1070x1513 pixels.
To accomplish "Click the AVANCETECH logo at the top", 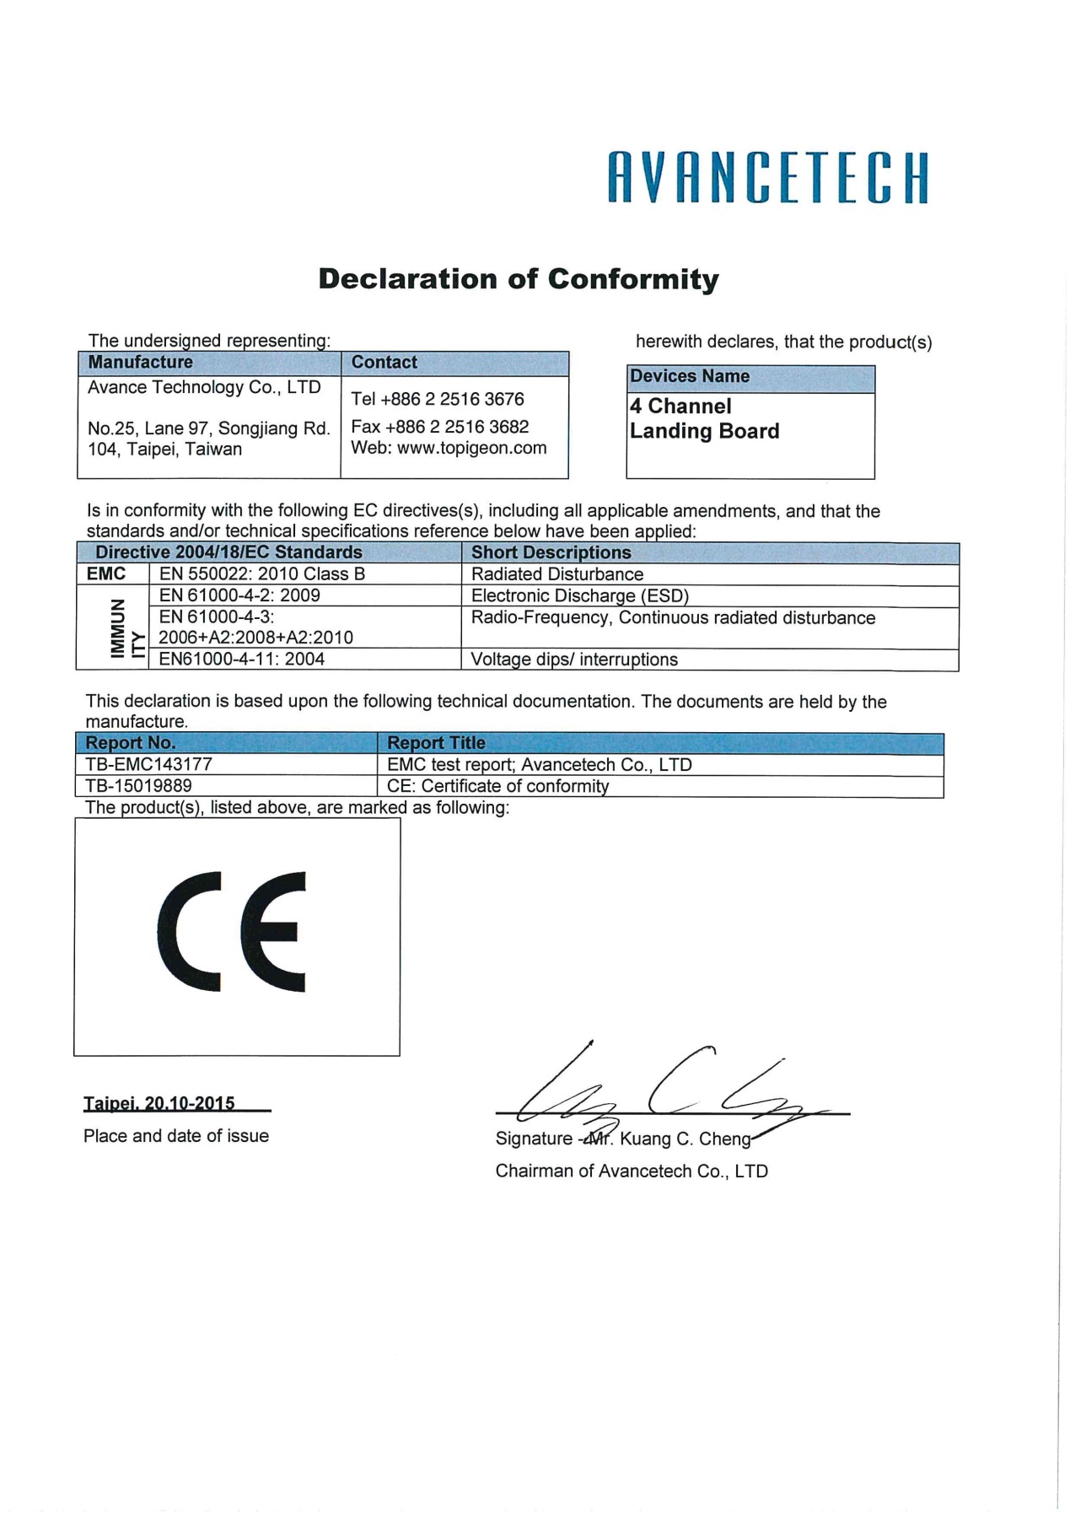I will click(x=767, y=178).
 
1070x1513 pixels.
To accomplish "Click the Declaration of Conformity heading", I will click(x=519, y=279).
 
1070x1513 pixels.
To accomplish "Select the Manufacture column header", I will click(x=141, y=363).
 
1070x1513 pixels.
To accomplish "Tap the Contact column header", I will click(x=384, y=363).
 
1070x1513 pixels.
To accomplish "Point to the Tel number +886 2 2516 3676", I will click(x=438, y=399).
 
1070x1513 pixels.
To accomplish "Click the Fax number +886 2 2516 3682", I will click(x=439, y=427).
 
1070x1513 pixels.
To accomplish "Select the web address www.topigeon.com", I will click(x=471, y=448).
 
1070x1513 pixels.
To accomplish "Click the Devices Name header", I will click(x=690, y=377).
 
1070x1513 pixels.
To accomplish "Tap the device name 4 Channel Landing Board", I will click(x=704, y=419).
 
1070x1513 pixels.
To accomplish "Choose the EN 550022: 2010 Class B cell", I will click(x=261, y=574).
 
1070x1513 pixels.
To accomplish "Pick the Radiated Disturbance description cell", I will click(x=557, y=574).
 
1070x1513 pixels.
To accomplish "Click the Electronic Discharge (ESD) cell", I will click(x=580, y=596).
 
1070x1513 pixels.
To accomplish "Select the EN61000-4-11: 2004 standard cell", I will click(x=242, y=660).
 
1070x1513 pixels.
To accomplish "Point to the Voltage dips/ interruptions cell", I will click(x=574, y=660).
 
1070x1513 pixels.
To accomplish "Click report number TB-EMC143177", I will click(x=149, y=765).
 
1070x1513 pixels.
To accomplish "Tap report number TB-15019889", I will click(x=139, y=786).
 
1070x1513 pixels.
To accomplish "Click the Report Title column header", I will click(x=436, y=743).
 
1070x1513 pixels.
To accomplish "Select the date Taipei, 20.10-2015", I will click(x=159, y=1103).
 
